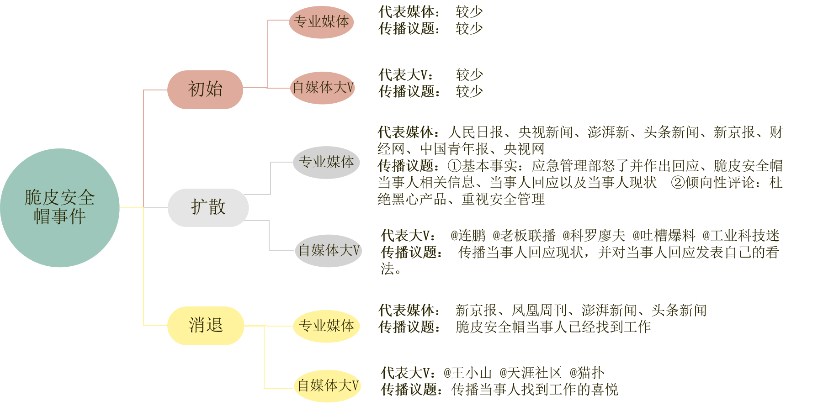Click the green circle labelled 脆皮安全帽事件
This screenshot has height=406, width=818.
(60, 208)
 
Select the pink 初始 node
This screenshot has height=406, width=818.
(205, 90)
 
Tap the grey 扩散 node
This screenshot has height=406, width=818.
(208, 208)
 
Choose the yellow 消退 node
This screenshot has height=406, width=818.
(206, 326)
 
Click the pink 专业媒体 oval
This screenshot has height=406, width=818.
(321, 22)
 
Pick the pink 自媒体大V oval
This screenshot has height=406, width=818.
(323, 88)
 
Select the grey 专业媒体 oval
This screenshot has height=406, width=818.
(326, 162)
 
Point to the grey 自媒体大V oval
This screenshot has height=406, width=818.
(329, 251)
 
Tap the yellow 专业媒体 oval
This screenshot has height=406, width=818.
(326, 326)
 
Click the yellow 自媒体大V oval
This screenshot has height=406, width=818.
(328, 386)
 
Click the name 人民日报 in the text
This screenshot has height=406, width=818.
(476, 132)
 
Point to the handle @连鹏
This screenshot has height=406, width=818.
(468, 236)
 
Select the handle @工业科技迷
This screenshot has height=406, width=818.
(741, 236)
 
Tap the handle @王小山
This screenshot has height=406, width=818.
(467, 373)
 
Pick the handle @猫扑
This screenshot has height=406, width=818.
(587, 373)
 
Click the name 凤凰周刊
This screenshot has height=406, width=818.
(539, 311)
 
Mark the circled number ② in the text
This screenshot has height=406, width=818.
(678, 183)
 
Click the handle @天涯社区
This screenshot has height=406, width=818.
(531, 373)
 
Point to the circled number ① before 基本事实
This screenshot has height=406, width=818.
(454, 166)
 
